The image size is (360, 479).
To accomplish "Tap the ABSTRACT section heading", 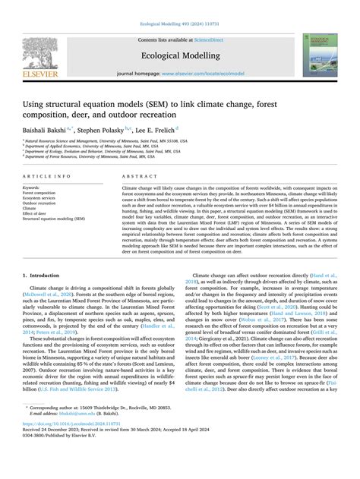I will tap(134, 175).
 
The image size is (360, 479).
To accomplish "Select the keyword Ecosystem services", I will tap(39, 198).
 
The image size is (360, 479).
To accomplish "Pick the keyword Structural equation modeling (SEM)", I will tap(55, 219).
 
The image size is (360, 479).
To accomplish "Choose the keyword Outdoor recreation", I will tap(39, 203).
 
